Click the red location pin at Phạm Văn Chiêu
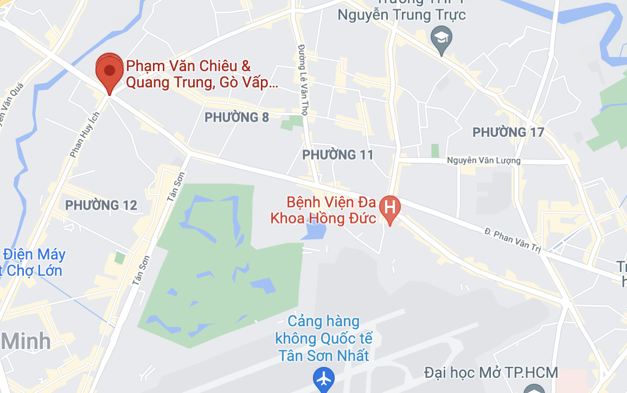110,71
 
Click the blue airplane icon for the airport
324,379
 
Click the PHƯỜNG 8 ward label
236,117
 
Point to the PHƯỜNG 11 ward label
338,155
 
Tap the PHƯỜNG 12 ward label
101,205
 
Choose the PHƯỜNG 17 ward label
508,132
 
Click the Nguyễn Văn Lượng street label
483,161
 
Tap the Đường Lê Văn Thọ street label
303,75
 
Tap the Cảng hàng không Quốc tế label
323,338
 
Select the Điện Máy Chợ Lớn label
34,262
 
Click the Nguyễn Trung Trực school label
401,14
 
